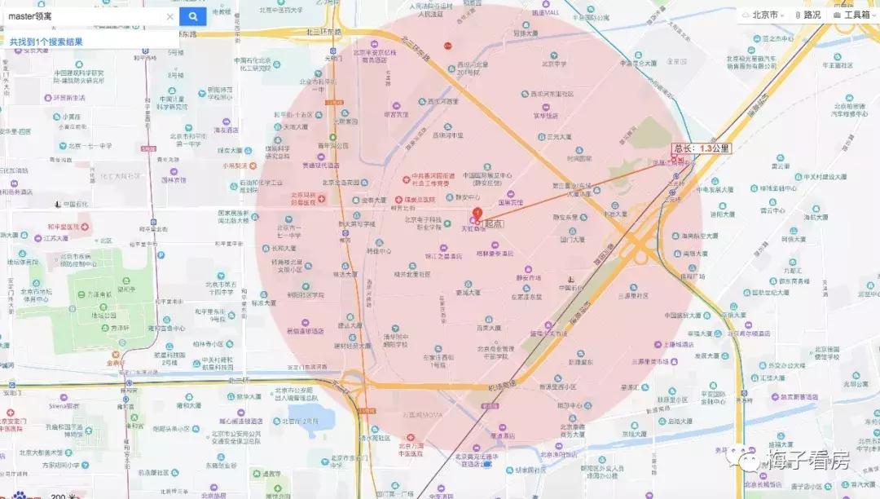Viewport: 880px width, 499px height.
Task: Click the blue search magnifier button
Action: (193, 15)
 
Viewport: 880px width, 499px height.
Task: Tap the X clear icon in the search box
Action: (170, 16)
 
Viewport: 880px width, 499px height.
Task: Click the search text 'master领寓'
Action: (31, 16)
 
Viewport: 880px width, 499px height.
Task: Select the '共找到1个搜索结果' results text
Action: (46, 42)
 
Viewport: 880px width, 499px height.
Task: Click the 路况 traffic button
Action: (807, 15)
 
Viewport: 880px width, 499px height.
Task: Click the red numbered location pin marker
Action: (477, 214)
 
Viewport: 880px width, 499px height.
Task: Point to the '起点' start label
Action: (494, 223)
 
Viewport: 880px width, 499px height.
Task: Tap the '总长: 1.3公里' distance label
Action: (701, 148)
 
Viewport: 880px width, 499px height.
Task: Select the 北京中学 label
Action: (557, 64)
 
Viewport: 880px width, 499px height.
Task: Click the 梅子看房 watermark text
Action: (807, 461)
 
